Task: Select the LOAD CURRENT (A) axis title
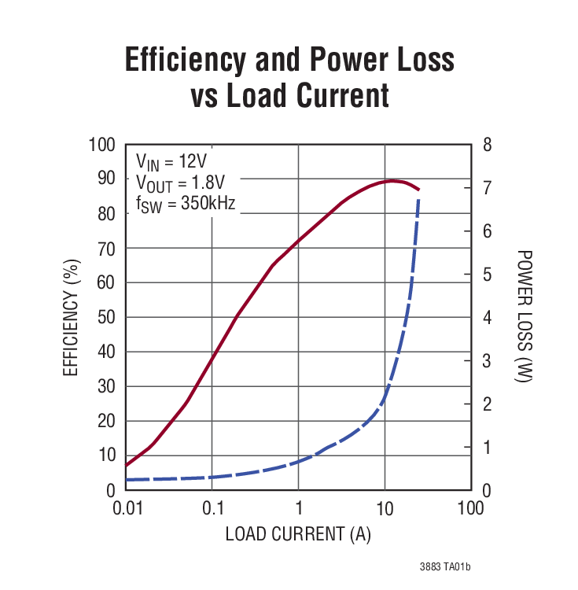click(x=298, y=534)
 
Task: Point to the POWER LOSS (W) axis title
click(x=525, y=317)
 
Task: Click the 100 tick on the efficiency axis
click(x=102, y=146)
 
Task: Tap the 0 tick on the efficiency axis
click(x=111, y=490)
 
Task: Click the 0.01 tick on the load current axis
click(x=126, y=508)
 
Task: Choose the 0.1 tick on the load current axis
click(x=212, y=508)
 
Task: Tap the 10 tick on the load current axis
click(x=385, y=508)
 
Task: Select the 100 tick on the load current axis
click(x=470, y=508)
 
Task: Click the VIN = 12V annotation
click(x=171, y=162)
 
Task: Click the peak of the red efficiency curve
click(x=392, y=181)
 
